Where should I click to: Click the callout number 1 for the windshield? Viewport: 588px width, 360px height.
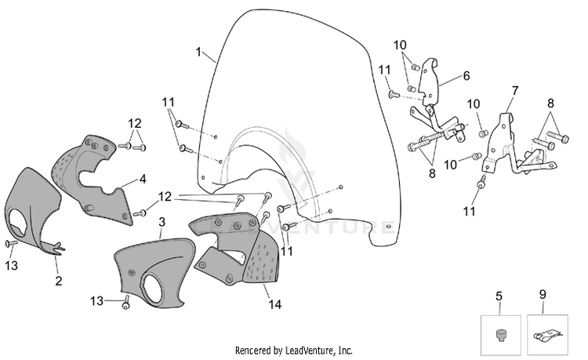point(199,52)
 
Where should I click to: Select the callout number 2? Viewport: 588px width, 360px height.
point(59,281)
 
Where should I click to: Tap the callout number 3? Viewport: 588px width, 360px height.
point(162,222)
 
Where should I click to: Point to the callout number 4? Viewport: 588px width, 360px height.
point(143,180)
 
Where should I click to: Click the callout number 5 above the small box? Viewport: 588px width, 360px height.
point(499,296)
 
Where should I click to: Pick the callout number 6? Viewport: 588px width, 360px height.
point(466,76)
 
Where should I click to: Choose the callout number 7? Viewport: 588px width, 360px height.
point(515,91)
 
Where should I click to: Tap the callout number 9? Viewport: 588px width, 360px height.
point(543,295)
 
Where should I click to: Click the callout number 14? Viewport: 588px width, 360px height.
point(275,304)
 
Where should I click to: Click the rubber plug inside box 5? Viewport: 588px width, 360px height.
point(500,334)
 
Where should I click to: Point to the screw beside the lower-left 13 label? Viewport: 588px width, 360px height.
point(11,243)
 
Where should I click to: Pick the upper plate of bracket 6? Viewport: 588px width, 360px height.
point(429,81)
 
